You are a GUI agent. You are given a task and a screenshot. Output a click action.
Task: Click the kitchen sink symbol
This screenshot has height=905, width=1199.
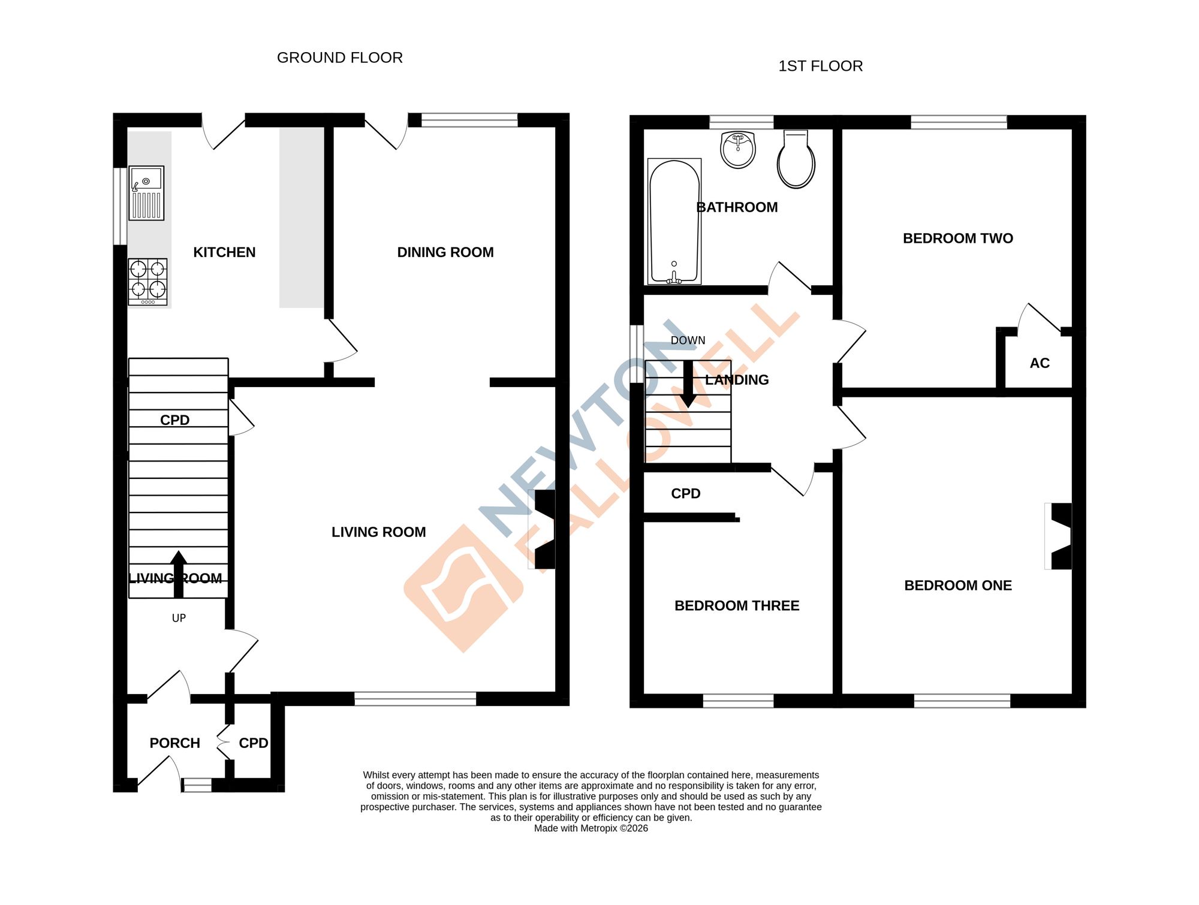coord(146,193)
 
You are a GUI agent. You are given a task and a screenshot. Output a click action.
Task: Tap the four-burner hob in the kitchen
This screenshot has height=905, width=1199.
coord(147,282)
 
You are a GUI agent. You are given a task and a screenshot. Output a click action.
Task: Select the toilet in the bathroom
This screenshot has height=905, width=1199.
coord(796,161)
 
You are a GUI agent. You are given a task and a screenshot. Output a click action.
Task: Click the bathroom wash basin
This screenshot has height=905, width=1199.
coord(738,150)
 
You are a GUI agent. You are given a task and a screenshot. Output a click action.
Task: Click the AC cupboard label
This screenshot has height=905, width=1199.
coord(1040,363)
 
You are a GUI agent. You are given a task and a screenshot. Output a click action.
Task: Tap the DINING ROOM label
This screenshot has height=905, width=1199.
coord(445,252)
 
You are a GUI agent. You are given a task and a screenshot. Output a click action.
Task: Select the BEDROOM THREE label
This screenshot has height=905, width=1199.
coord(737,606)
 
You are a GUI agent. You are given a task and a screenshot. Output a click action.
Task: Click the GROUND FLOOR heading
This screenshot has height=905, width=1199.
coord(340,58)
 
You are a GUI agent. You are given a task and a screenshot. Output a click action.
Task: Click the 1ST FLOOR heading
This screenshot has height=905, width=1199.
coord(820,66)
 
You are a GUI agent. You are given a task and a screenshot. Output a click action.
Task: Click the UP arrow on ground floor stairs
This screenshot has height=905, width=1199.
coord(178,574)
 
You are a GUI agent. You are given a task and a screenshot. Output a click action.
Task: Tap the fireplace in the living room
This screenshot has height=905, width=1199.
coord(543,529)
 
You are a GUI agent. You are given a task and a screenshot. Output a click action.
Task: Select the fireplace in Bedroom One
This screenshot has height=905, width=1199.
coord(1059,536)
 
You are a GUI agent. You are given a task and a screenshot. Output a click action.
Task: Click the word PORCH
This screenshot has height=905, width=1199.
coord(174,743)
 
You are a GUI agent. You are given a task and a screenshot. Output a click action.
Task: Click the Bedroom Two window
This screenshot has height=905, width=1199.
coord(959,122)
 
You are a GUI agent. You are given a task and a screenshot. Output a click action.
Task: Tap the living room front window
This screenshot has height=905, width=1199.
coord(415,698)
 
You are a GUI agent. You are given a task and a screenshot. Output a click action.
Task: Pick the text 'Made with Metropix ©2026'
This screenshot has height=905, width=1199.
coord(591,828)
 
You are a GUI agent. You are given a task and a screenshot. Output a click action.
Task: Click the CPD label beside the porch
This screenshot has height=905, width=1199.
coord(253,743)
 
